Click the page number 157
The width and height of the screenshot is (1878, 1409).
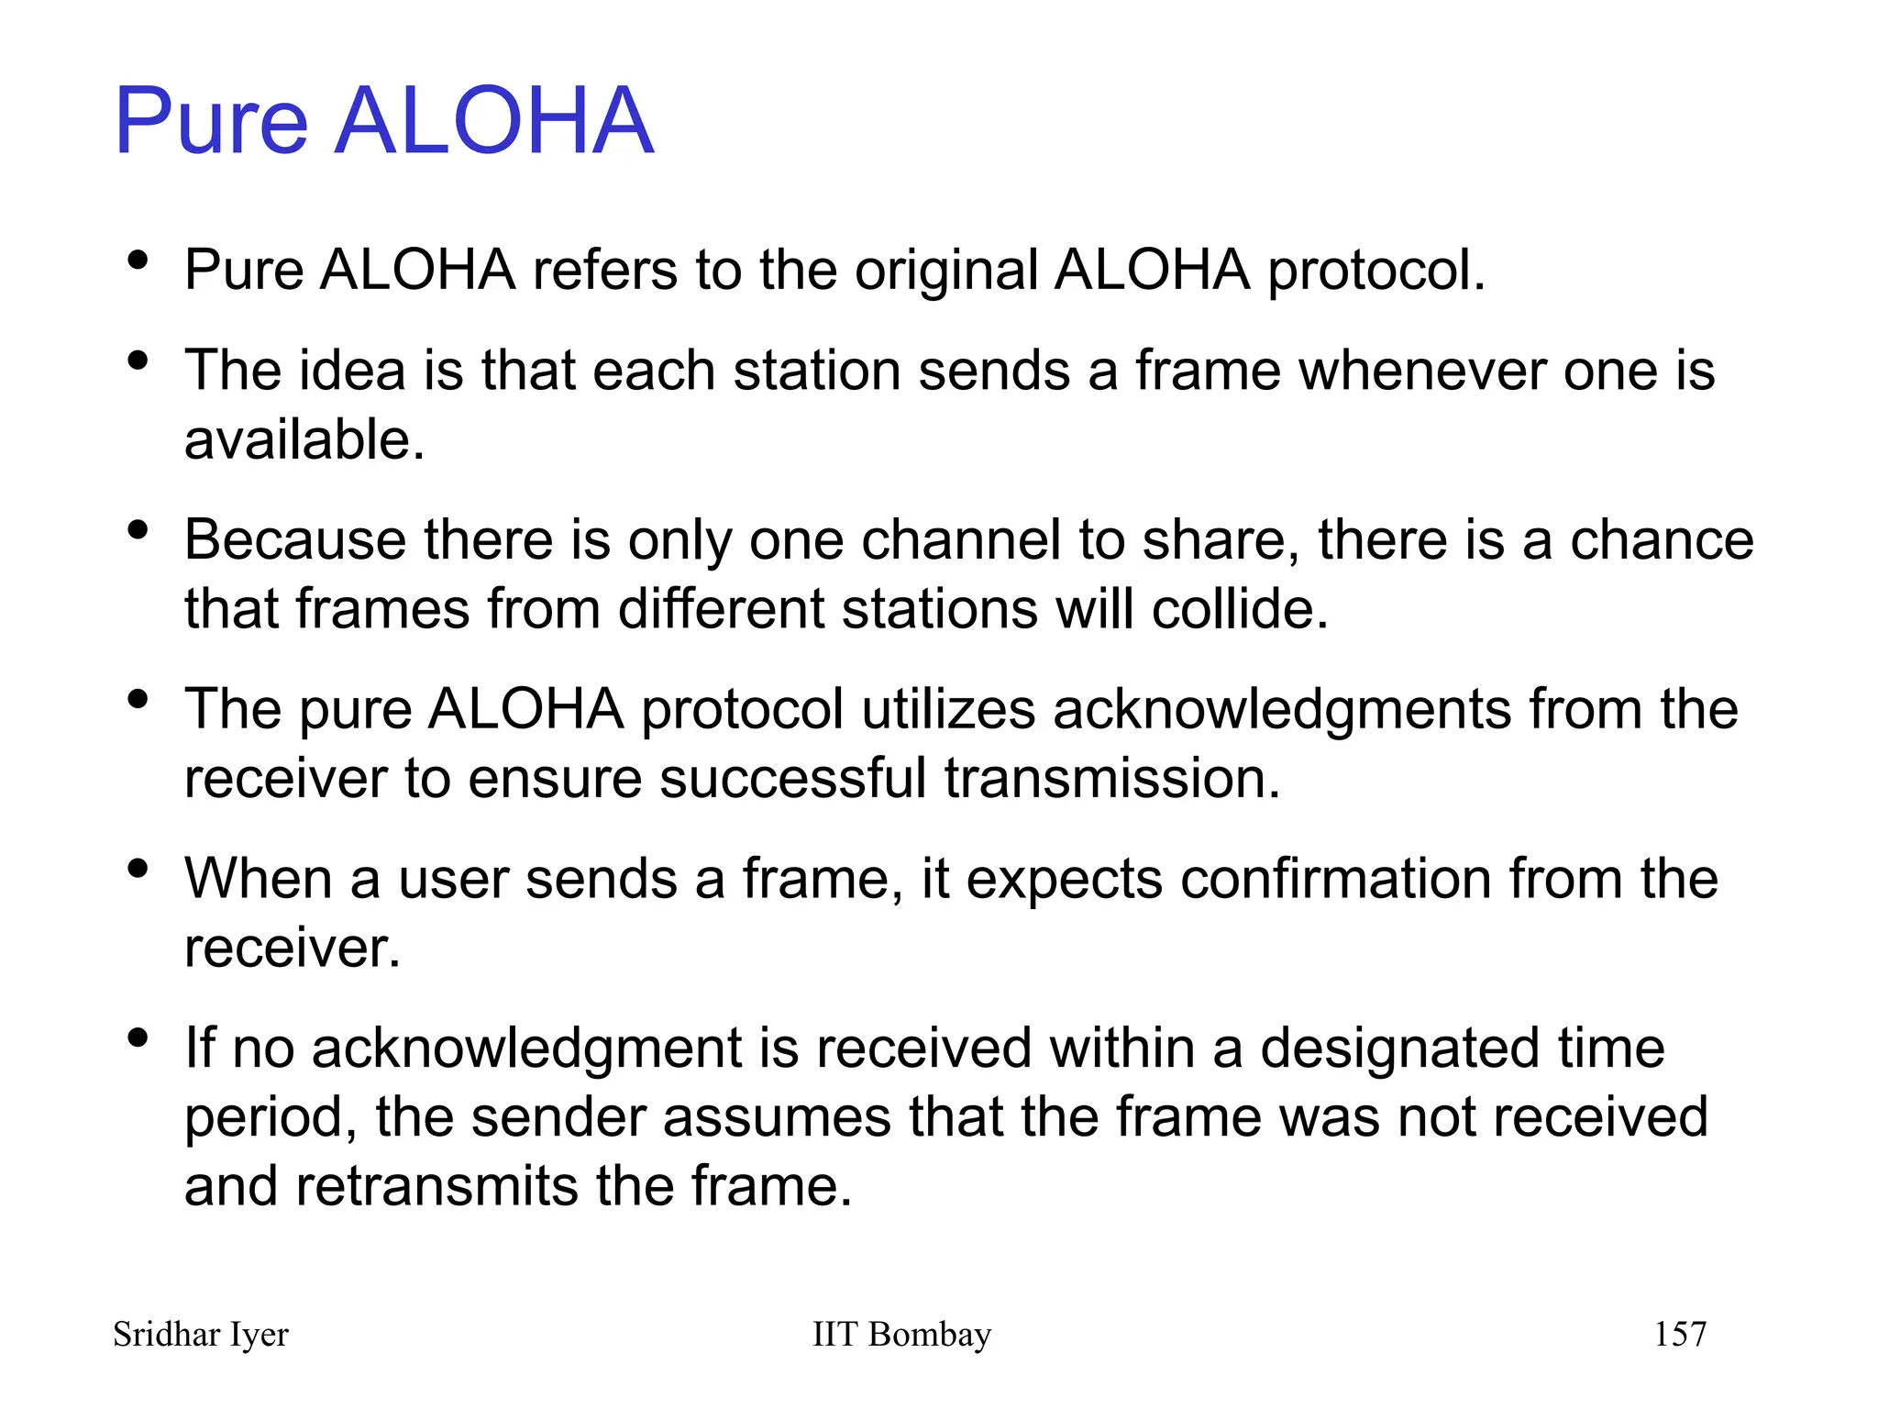1679,1335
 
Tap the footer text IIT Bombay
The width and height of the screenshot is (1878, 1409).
901,1335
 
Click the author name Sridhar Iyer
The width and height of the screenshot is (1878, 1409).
201,1335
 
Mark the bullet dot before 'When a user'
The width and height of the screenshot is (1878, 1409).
138,868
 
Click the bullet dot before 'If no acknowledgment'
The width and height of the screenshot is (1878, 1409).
138,1037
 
